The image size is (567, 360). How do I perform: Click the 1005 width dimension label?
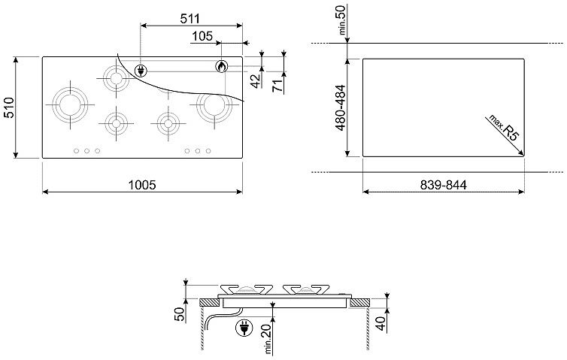point(142,185)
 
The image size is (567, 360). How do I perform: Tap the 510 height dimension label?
point(9,107)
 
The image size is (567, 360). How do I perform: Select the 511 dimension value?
point(190,18)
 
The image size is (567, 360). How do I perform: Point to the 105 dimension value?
point(202,36)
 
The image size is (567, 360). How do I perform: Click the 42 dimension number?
point(256,81)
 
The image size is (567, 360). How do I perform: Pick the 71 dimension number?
point(277,86)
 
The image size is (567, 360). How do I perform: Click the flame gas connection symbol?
point(222,66)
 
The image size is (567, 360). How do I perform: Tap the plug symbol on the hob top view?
point(141,71)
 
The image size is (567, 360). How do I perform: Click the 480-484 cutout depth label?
point(341,107)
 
